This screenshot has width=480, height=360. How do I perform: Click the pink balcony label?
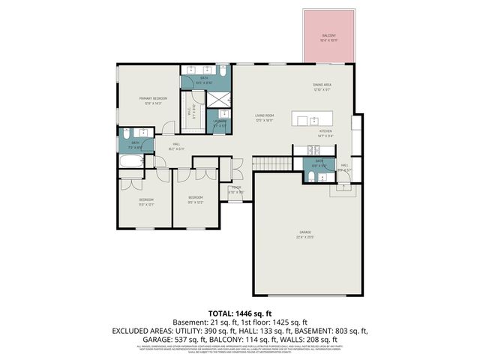[x=329, y=37]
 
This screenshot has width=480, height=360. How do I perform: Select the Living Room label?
[x=263, y=117]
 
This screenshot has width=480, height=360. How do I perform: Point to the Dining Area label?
[x=322, y=87]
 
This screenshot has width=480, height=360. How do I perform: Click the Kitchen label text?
[x=325, y=133]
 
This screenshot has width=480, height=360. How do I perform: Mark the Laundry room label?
[x=220, y=123]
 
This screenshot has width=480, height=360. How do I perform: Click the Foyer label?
[x=235, y=189]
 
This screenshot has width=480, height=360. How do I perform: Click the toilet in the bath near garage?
[x=310, y=177]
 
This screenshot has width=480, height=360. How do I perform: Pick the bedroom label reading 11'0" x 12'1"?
[x=145, y=202]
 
